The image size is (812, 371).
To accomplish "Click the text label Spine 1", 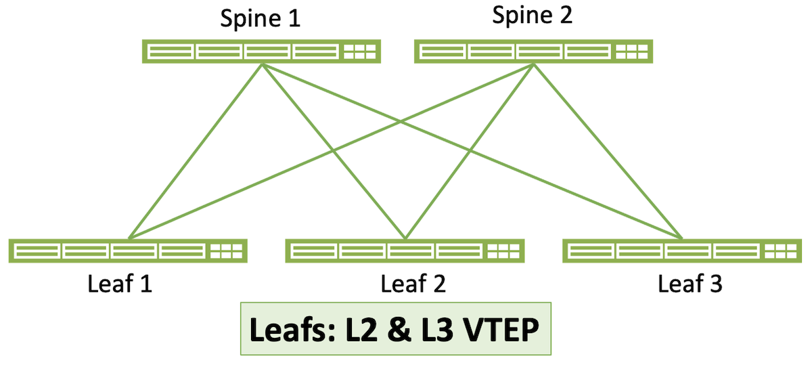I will pos(261,18).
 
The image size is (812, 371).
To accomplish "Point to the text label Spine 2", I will pos(532,16).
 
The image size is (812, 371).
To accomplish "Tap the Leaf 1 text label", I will pos(120,284).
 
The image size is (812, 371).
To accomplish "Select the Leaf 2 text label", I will pos(413,284).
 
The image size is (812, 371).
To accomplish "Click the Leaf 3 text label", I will pos(690,284).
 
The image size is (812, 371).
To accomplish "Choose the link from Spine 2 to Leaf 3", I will pos(608,152).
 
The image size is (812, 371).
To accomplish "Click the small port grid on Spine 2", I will pos(631,51).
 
